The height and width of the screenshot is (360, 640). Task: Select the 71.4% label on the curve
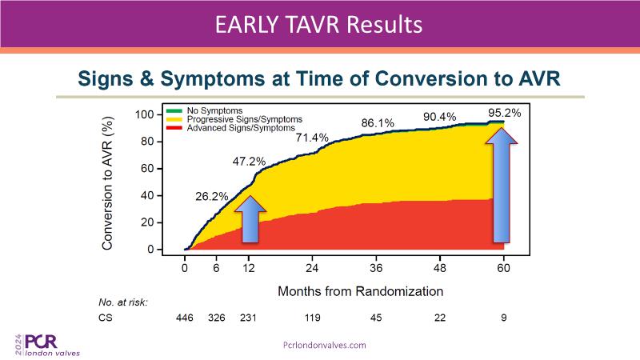312,138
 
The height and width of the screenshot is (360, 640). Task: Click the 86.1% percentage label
378,123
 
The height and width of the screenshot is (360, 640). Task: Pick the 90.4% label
439,117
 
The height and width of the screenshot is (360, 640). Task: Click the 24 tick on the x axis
313,268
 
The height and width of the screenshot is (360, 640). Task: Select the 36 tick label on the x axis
376,268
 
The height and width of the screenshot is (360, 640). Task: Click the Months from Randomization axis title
360,291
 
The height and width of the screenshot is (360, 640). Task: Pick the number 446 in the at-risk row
186,318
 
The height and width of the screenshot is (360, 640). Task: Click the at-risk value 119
313,318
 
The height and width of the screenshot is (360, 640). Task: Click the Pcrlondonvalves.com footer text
325,345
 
